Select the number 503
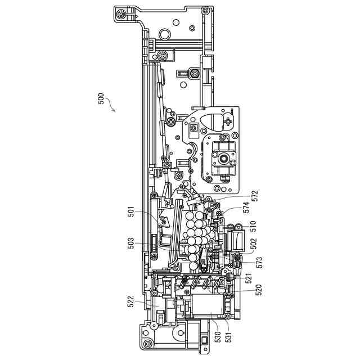tap(130, 243)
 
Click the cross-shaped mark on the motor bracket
tap(227, 120)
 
